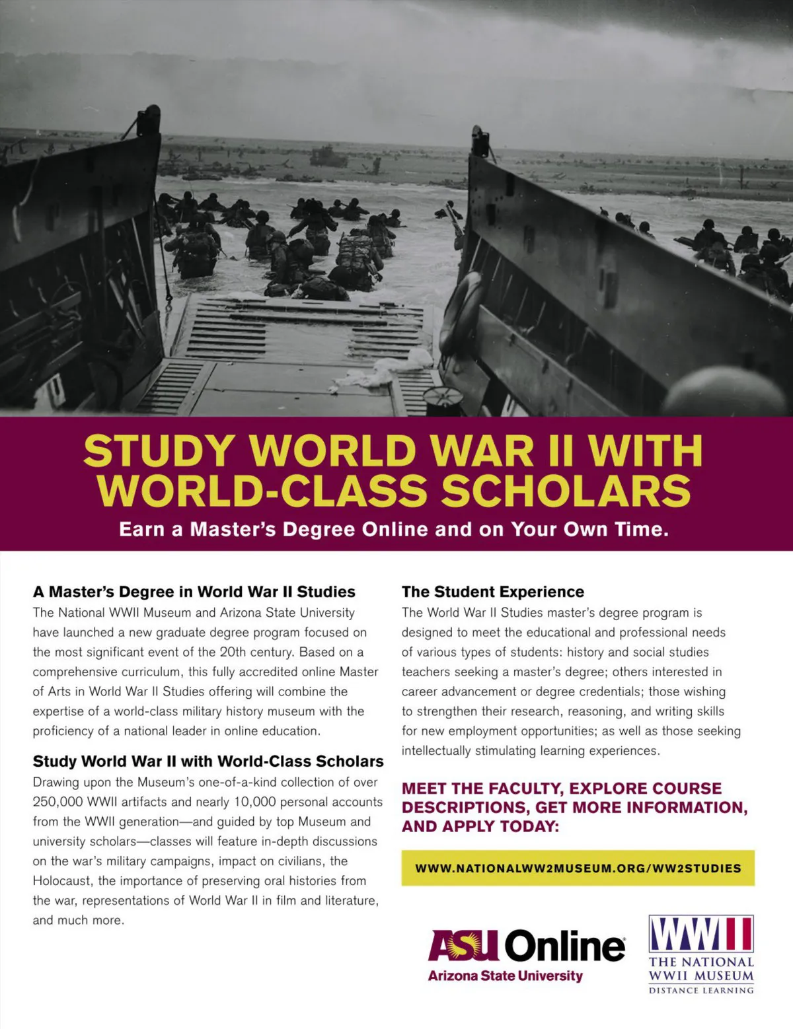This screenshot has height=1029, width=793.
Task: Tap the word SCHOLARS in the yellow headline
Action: pyautogui.click(x=566, y=491)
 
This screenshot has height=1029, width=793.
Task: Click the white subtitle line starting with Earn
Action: pyautogui.click(x=394, y=530)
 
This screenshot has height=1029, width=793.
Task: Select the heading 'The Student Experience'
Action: pyautogui.click(x=493, y=592)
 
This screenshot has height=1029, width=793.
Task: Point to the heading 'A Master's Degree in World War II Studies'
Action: pyautogui.click(x=194, y=592)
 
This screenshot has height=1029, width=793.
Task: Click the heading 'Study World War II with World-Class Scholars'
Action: pyautogui.click(x=208, y=762)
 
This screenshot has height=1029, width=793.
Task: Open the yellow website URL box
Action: pyautogui.click(x=578, y=868)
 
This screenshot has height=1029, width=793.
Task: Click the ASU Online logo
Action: pyautogui.click(x=526, y=946)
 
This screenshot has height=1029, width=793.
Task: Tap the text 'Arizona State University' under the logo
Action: pyautogui.click(x=506, y=976)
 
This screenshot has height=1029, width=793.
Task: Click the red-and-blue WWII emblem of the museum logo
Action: pyautogui.click(x=701, y=933)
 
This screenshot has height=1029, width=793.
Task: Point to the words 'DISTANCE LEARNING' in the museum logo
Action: pyautogui.click(x=701, y=990)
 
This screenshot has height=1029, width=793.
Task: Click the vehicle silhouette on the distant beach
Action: pyautogui.click(x=328, y=156)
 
